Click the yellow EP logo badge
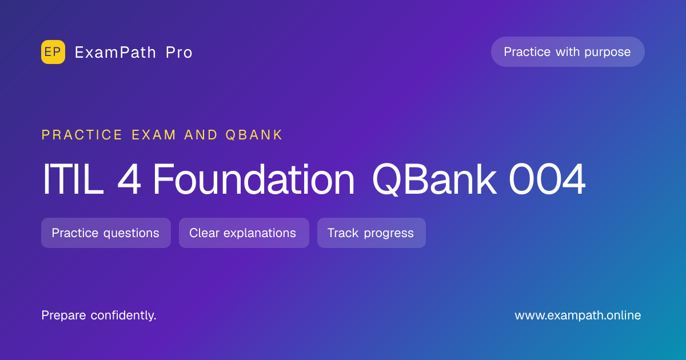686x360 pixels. tap(53, 52)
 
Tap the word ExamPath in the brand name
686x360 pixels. tap(115, 53)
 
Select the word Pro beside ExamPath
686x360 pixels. tap(179, 53)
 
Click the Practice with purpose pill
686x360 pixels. tap(568, 52)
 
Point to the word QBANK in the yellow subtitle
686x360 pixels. tap(254, 135)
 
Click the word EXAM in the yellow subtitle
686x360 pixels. tap(154, 135)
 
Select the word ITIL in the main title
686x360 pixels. tap(73, 179)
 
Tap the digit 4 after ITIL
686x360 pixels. tap(129, 179)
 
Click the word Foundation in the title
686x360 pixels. tap(254, 179)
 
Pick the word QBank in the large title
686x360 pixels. tap(434, 179)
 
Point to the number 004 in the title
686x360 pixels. tap(547, 179)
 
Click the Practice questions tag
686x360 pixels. tap(106, 233)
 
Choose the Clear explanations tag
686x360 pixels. tap(244, 233)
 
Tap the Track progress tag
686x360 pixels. tap(372, 233)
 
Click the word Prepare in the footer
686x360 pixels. tap(63, 315)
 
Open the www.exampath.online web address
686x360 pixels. tap(578, 315)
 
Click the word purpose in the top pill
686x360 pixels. tap(608, 53)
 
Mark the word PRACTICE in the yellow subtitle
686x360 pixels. tap(82, 135)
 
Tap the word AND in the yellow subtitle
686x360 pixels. tap(201, 135)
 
